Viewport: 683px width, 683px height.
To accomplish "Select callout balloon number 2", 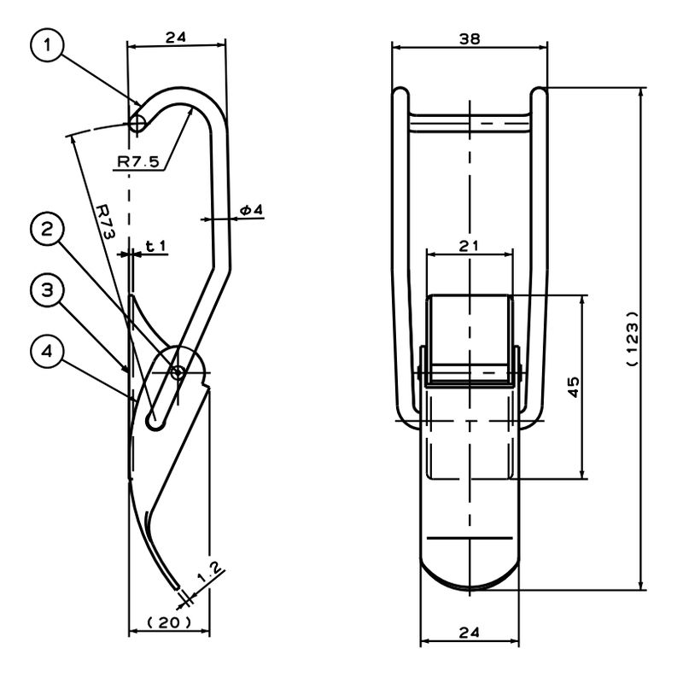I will [x=48, y=230].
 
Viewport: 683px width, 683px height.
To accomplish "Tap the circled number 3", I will [x=48, y=290].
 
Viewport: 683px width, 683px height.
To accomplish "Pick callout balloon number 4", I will [x=48, y=351].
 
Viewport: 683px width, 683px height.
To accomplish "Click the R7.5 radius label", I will [x=138, y=160].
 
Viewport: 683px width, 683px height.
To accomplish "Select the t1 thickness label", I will [x=155, y=247].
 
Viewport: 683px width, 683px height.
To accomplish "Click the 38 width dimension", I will [x=470, y=38].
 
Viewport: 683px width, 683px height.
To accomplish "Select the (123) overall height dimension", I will [x=633, y=338].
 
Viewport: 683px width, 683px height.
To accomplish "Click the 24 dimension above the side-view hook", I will [x=176, y=37].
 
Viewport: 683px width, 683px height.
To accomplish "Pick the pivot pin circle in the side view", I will [x=177, y=371].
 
